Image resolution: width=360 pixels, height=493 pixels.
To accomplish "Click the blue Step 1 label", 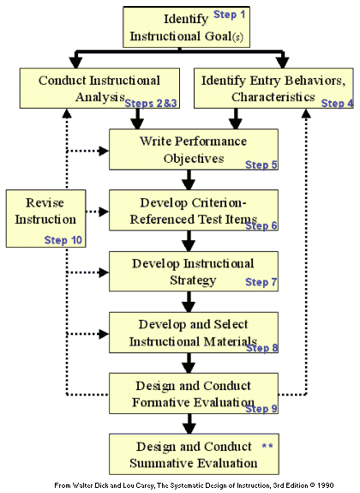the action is point(229,15).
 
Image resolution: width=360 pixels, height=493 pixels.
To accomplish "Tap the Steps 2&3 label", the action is point(151,103).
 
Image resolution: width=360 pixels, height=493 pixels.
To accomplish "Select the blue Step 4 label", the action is point(338,103).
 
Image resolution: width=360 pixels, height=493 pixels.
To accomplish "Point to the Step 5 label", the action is point(261,165).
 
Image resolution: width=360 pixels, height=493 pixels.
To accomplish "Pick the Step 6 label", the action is point(261,225).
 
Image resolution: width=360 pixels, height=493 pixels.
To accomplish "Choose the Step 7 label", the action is point(261,282).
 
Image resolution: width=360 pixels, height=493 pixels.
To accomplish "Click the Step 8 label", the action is point(262,348).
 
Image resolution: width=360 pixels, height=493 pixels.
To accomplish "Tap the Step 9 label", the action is point(261,408).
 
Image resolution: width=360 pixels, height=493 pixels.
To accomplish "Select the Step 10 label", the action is point(63,240).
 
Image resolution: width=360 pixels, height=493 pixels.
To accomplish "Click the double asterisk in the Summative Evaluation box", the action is point(267,446).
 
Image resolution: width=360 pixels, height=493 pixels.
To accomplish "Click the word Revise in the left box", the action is point(45,203).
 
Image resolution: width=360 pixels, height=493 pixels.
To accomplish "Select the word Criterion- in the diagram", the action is point(219,203).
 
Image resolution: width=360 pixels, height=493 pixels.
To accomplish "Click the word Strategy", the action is point(193,280).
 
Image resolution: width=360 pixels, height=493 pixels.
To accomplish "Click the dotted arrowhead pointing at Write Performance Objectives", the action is point(104,151).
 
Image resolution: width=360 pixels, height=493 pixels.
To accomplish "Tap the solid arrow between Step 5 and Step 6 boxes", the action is point(189,180).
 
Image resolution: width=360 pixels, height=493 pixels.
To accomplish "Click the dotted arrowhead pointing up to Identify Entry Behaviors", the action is point(306,113).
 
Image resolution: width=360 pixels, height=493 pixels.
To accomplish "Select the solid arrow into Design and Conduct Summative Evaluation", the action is point(189,424).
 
